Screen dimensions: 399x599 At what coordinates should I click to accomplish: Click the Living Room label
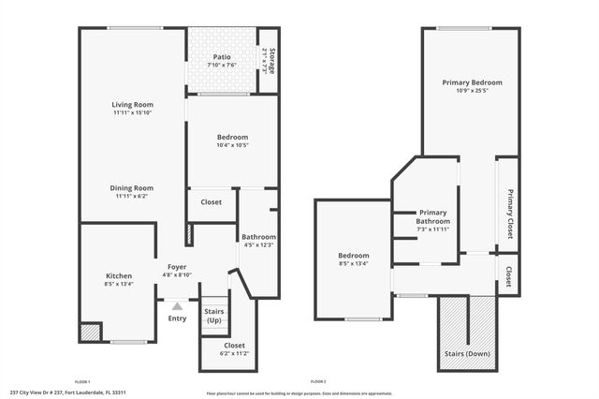coord(132,104)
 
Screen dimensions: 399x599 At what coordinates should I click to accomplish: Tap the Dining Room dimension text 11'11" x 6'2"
coord(132,197)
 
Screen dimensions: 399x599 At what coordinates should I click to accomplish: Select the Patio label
coord(222,56)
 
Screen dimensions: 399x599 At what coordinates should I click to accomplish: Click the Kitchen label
coord(119,275)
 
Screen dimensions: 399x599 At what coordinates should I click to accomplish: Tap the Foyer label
coord(177,267)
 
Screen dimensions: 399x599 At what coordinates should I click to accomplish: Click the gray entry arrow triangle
coord(177,305)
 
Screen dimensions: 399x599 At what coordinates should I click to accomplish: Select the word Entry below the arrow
coord(177,318)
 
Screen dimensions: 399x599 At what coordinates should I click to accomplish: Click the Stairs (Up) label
coord(214,316)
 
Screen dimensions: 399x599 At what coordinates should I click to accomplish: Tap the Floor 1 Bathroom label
coord(257,236)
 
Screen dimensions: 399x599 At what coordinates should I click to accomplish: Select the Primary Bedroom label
coord(472,82)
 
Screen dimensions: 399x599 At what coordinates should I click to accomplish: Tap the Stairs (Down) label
coord(464,355)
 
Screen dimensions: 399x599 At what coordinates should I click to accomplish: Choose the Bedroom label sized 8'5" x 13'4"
coord(353,256)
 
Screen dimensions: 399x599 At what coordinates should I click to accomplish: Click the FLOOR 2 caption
coord(318,381)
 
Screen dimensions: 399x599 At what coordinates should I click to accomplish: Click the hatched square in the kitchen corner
coord(90,332)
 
